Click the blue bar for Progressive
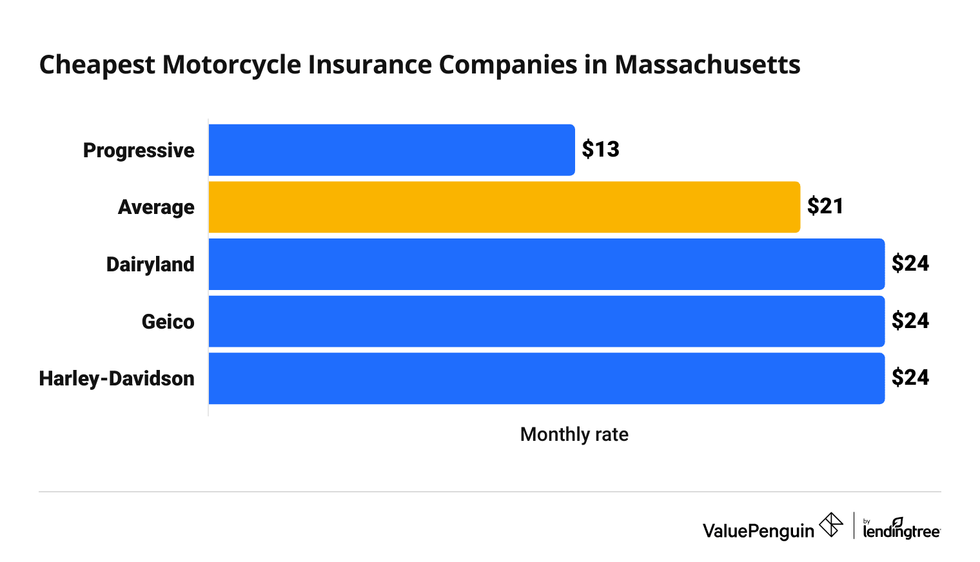pyautogui.click(x=391, y=150)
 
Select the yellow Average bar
pyautogui.click(x=504, y=207)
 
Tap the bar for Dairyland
pyautogui.click(x=546, y=264)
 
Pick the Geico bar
pyautogui.click(x=546, y=321)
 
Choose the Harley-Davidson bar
pyautogui.click(x=546, y=378)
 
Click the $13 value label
pyautogui.click(x=600, y=150)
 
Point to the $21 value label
pyautogui.click(x=825, y=206)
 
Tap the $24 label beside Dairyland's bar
pyautogui.click(x=910, y=264)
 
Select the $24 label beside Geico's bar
pyautogui.click(x=910, y=320)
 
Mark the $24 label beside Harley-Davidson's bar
pyautogui.click(x=910, y=377)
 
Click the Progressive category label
pyautogui.click(x=139, y=151)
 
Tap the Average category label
pyautogui.click(x=156, y=208)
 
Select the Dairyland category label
pyautogui.click(x=150, y=264)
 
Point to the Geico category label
pyautogui.click(x=168, y=321)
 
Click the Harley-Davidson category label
pyautogui.click(x=117, y=378)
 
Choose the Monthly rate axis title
pyautogui.click(x=574, y=434)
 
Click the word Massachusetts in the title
pyautogui.click(x=707, y=65)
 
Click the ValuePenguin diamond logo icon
pyautogui.click(x=830, y=525)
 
